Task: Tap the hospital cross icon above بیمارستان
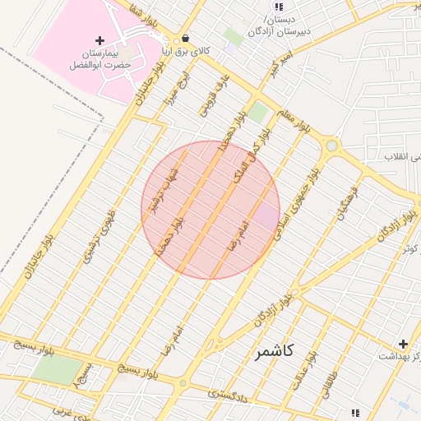pyautogui.click(x=99, y=40)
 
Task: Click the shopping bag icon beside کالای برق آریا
pyautogui.click(x=185, y=39)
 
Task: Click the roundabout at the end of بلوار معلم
pyautogui.click(x=331, y=146)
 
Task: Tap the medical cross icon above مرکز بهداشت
pyautogui.click(x=403, y=344)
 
